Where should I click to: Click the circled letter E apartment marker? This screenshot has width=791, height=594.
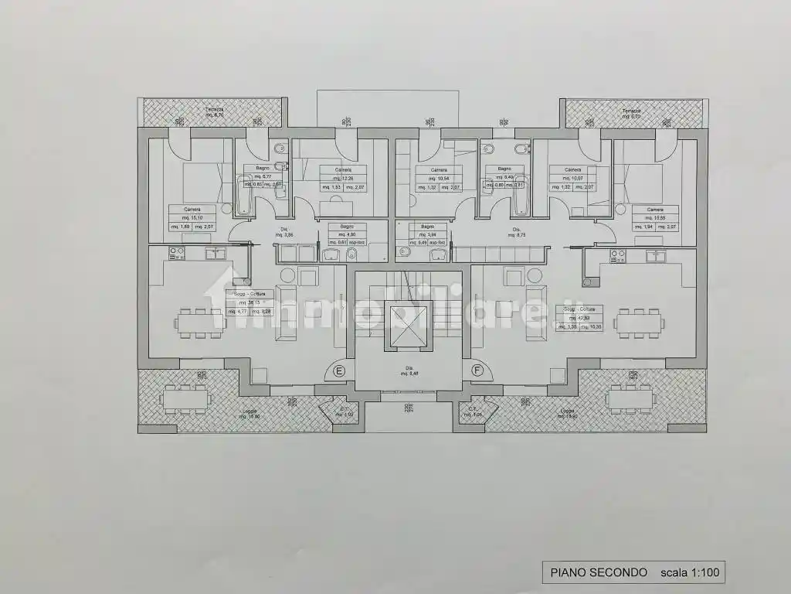pos(338,370)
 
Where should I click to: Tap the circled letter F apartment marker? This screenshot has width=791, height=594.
pos(477,370)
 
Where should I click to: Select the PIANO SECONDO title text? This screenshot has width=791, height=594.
pos(599,572)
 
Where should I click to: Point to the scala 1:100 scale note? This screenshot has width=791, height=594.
pos(690,572)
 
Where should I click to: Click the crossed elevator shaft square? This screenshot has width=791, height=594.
pos(409,320)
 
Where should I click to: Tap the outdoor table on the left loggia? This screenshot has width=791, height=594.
pos(185,398)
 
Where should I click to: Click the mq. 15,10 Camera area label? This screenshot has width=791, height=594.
pos(192,217)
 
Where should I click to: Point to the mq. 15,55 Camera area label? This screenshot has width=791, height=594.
pos(655,217)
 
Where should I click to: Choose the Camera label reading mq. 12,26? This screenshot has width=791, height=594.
pos(344,179)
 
